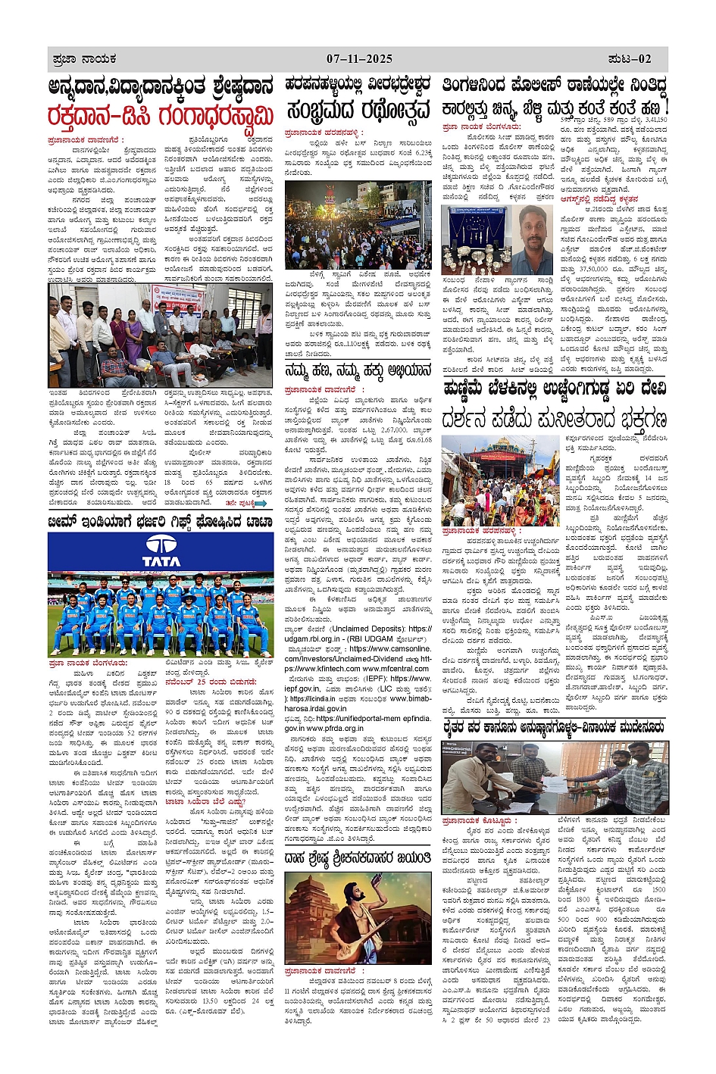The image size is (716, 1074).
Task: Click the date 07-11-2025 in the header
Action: [x=359, y=58]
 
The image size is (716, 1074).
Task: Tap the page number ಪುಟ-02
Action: [x=629, y=58]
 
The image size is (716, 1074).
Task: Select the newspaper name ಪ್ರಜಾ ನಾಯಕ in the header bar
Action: [x=84, y=58]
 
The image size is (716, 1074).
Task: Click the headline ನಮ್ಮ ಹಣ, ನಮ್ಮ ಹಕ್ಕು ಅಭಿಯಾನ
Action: [x=358, y=371]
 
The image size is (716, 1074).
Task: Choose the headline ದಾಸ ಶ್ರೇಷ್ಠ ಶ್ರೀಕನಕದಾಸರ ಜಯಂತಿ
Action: [x=358, y=858]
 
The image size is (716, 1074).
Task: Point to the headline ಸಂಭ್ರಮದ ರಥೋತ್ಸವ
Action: [x=358, y=111]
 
